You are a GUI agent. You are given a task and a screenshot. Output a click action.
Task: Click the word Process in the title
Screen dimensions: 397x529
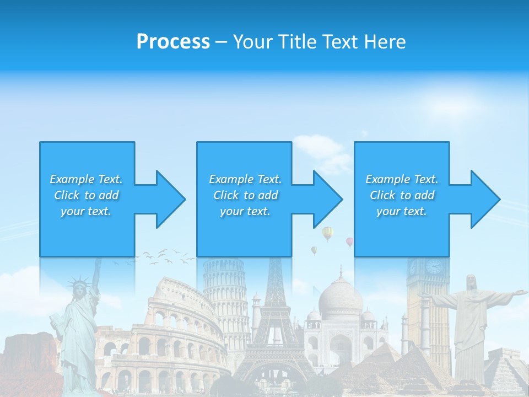tap(173, 42)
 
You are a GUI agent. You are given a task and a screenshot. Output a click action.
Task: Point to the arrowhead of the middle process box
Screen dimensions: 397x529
tap(327, 199)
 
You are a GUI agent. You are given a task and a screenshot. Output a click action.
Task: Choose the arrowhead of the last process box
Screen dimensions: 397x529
tap(485, 199)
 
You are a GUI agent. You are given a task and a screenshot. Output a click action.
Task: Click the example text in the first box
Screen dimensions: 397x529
tap(87, 195)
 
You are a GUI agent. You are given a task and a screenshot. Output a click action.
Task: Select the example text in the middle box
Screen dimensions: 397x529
tap(245, 195)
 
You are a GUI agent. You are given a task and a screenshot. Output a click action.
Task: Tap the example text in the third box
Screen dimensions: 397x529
tap(402, 195)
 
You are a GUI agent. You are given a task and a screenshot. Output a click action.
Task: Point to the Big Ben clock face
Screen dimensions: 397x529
tap(434, 267)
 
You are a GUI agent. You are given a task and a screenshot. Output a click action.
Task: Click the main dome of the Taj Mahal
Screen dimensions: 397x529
tap(340, 298)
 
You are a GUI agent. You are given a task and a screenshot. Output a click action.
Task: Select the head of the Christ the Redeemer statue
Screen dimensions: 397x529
tap(471, 282)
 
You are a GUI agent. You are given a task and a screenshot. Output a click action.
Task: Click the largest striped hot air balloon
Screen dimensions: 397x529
tap(328, 233)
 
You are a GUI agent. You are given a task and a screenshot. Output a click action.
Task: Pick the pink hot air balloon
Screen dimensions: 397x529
tap(349, 242)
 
